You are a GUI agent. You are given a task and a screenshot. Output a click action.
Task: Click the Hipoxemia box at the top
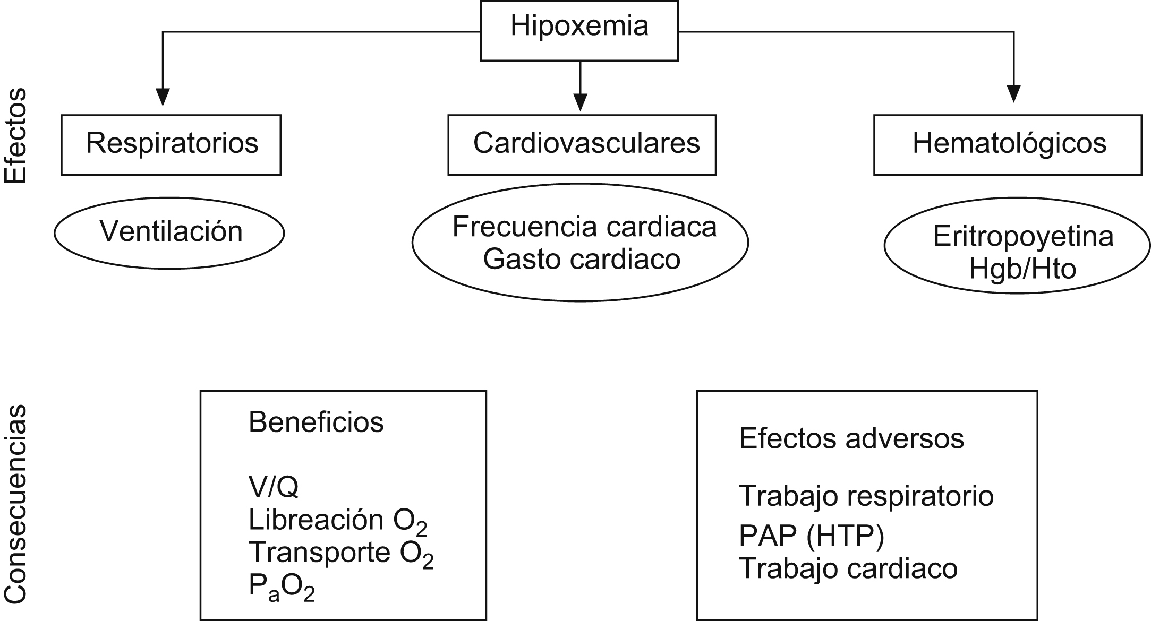click(x=579, y=30)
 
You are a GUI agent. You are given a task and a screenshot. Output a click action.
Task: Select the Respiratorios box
click(x=171, y=144)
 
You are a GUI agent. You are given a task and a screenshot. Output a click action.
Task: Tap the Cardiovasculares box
click(x=582, y=144)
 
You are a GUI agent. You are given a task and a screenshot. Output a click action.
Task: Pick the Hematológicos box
click(x=1008, y=144)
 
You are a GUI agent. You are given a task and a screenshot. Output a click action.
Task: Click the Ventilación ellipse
click(x=169, y=232)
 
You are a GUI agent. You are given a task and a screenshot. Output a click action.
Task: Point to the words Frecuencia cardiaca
click(x=584, y=227)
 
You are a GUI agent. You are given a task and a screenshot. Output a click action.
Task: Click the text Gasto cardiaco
click(x=582, y=260)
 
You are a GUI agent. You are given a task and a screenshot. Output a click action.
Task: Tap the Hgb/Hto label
click(x=1022, y=269)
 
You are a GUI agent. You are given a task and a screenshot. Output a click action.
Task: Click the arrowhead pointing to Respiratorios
click(x=163, y=97)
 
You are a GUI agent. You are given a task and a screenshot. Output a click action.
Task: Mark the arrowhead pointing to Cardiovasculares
click(x=581, y=102)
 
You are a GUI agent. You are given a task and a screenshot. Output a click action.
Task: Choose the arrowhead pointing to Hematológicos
click(x=1014, y=94)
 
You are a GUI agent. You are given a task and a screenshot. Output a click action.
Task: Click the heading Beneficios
click(x=316, y=423)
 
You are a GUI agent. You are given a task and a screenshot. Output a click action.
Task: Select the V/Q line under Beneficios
click(x=274, y=487)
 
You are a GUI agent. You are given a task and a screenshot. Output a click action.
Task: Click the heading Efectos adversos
click(x=851, y=439)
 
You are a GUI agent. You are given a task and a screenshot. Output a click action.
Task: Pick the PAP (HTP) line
click(x=811, y=536)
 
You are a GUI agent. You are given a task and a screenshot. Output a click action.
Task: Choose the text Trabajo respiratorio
click(x=866, y=496)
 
